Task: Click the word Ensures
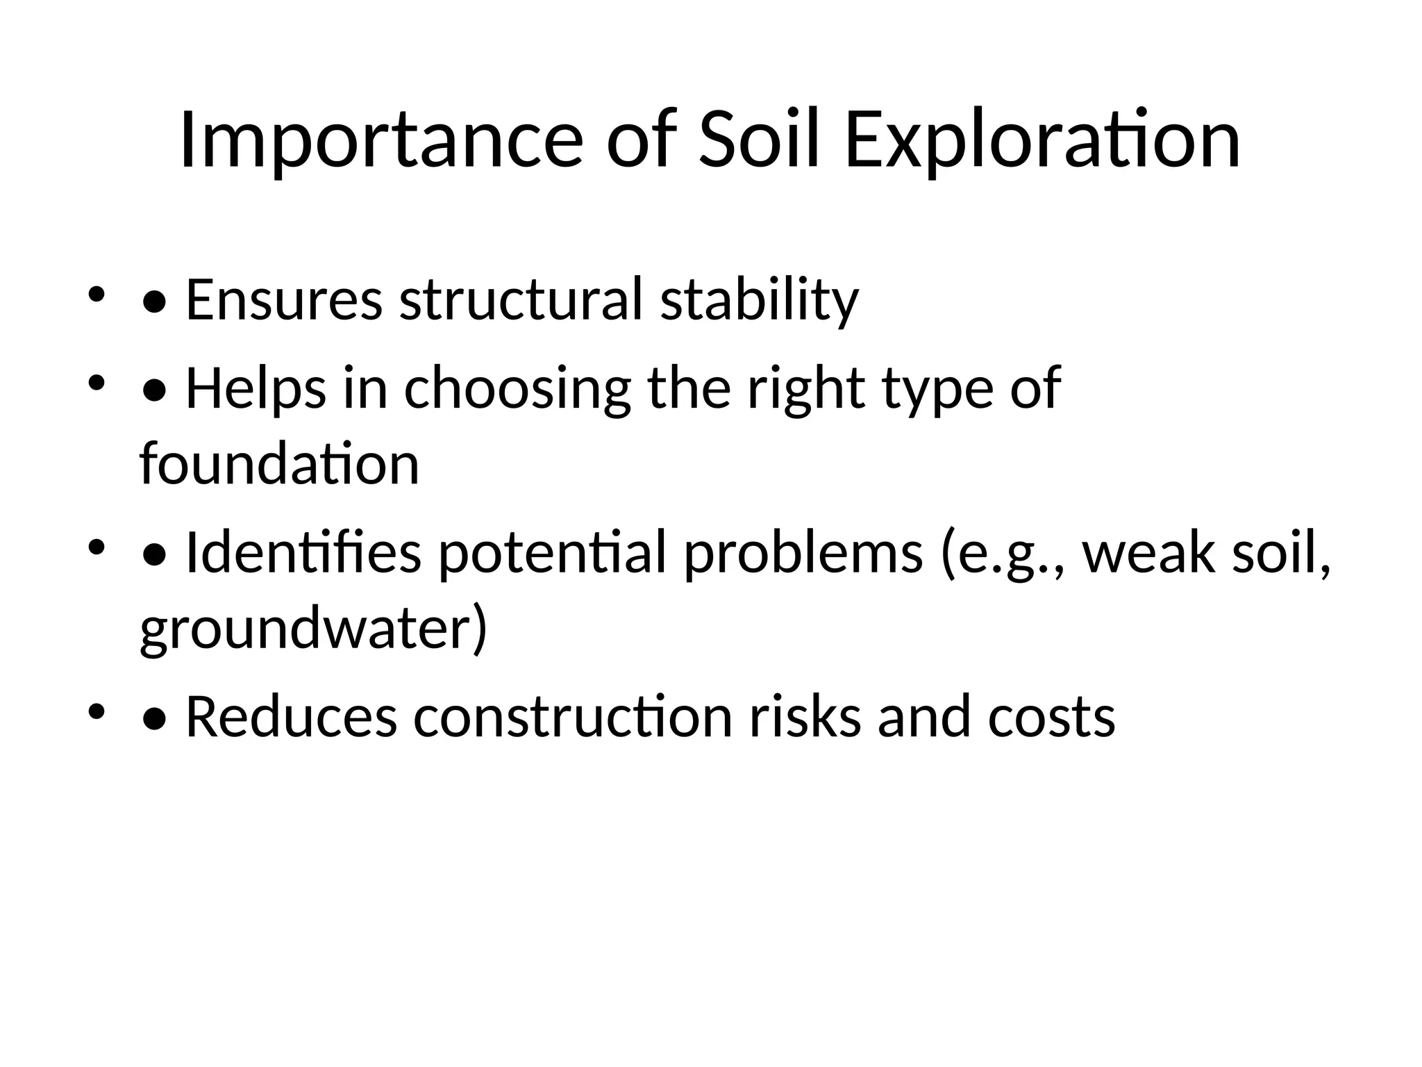tap(284, 300)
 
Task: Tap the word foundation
tap(279, 464)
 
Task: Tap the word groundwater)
tap(314, 629)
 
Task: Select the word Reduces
tap(291, 717)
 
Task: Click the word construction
tap(573, 717)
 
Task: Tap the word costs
tap(1051, 717)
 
